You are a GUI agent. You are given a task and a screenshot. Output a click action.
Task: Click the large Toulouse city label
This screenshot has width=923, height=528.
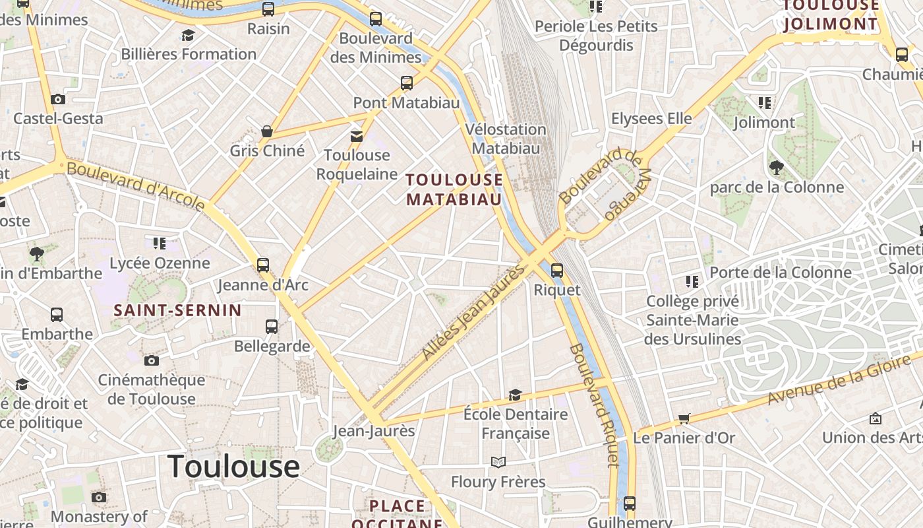(x=233, y=467)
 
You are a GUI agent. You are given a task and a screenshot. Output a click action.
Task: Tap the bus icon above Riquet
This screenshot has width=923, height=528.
(x=557, y=270)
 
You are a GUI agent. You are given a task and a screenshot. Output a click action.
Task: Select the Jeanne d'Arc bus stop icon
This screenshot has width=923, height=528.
(x=263, y=265)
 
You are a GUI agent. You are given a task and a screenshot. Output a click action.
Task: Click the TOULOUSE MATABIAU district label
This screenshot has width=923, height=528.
(x=454, y=189)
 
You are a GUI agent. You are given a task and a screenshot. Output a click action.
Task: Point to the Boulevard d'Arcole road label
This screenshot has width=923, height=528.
(x=136, y=187)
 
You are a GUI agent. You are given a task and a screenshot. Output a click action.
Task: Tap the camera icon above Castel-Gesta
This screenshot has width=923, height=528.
(x=58, y=100)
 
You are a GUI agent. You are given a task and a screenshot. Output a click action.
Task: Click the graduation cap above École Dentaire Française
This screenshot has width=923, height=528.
(x=515, y=395)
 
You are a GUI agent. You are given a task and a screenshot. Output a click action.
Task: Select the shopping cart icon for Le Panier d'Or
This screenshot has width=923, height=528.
(x=684, y=418)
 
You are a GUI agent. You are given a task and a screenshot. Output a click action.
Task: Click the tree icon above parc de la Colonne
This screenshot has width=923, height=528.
(x=776, y=168)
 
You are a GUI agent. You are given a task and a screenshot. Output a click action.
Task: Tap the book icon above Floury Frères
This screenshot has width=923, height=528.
(x=498, y=462)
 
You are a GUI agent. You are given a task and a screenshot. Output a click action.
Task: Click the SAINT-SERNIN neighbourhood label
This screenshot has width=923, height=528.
(x=177, y=310)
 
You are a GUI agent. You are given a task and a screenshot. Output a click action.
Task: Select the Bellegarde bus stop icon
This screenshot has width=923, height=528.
(x=272, y=326)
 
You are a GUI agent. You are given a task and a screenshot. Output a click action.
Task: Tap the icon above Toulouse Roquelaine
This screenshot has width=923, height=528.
(x=357, y=136)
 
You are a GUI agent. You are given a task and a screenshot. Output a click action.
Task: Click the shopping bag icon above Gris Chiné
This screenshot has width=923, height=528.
(x=267, y=131)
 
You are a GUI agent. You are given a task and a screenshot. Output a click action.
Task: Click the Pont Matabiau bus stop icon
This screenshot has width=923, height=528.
(x=407, y=83)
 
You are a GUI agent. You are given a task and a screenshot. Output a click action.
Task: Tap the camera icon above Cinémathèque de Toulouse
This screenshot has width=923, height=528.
(x=152, y=360)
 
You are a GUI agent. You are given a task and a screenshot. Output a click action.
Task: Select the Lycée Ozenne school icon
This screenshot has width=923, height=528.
(x=159, y=244)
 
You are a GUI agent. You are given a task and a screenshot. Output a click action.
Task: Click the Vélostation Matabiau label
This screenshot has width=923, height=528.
(x=506, y=139)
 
